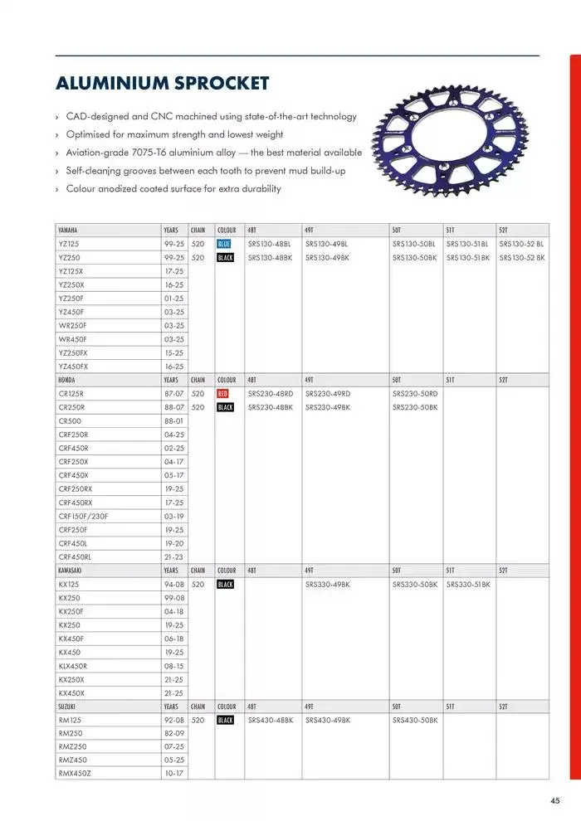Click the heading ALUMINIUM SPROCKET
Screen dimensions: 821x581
162,84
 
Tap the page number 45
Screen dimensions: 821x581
554,800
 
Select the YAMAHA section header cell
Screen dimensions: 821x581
68,230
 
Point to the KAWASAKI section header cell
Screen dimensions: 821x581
70,571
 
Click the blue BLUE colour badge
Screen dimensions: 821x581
225,244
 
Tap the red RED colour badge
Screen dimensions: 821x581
224,393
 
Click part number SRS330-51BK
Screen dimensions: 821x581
468,585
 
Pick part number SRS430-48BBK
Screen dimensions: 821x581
271,720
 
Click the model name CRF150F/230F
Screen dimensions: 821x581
83,516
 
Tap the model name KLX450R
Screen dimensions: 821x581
73,665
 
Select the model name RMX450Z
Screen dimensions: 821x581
74,773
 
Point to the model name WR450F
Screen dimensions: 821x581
72,339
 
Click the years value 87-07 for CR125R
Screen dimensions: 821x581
174,393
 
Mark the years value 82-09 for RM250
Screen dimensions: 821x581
174,733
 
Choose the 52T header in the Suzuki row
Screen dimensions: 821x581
503,707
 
